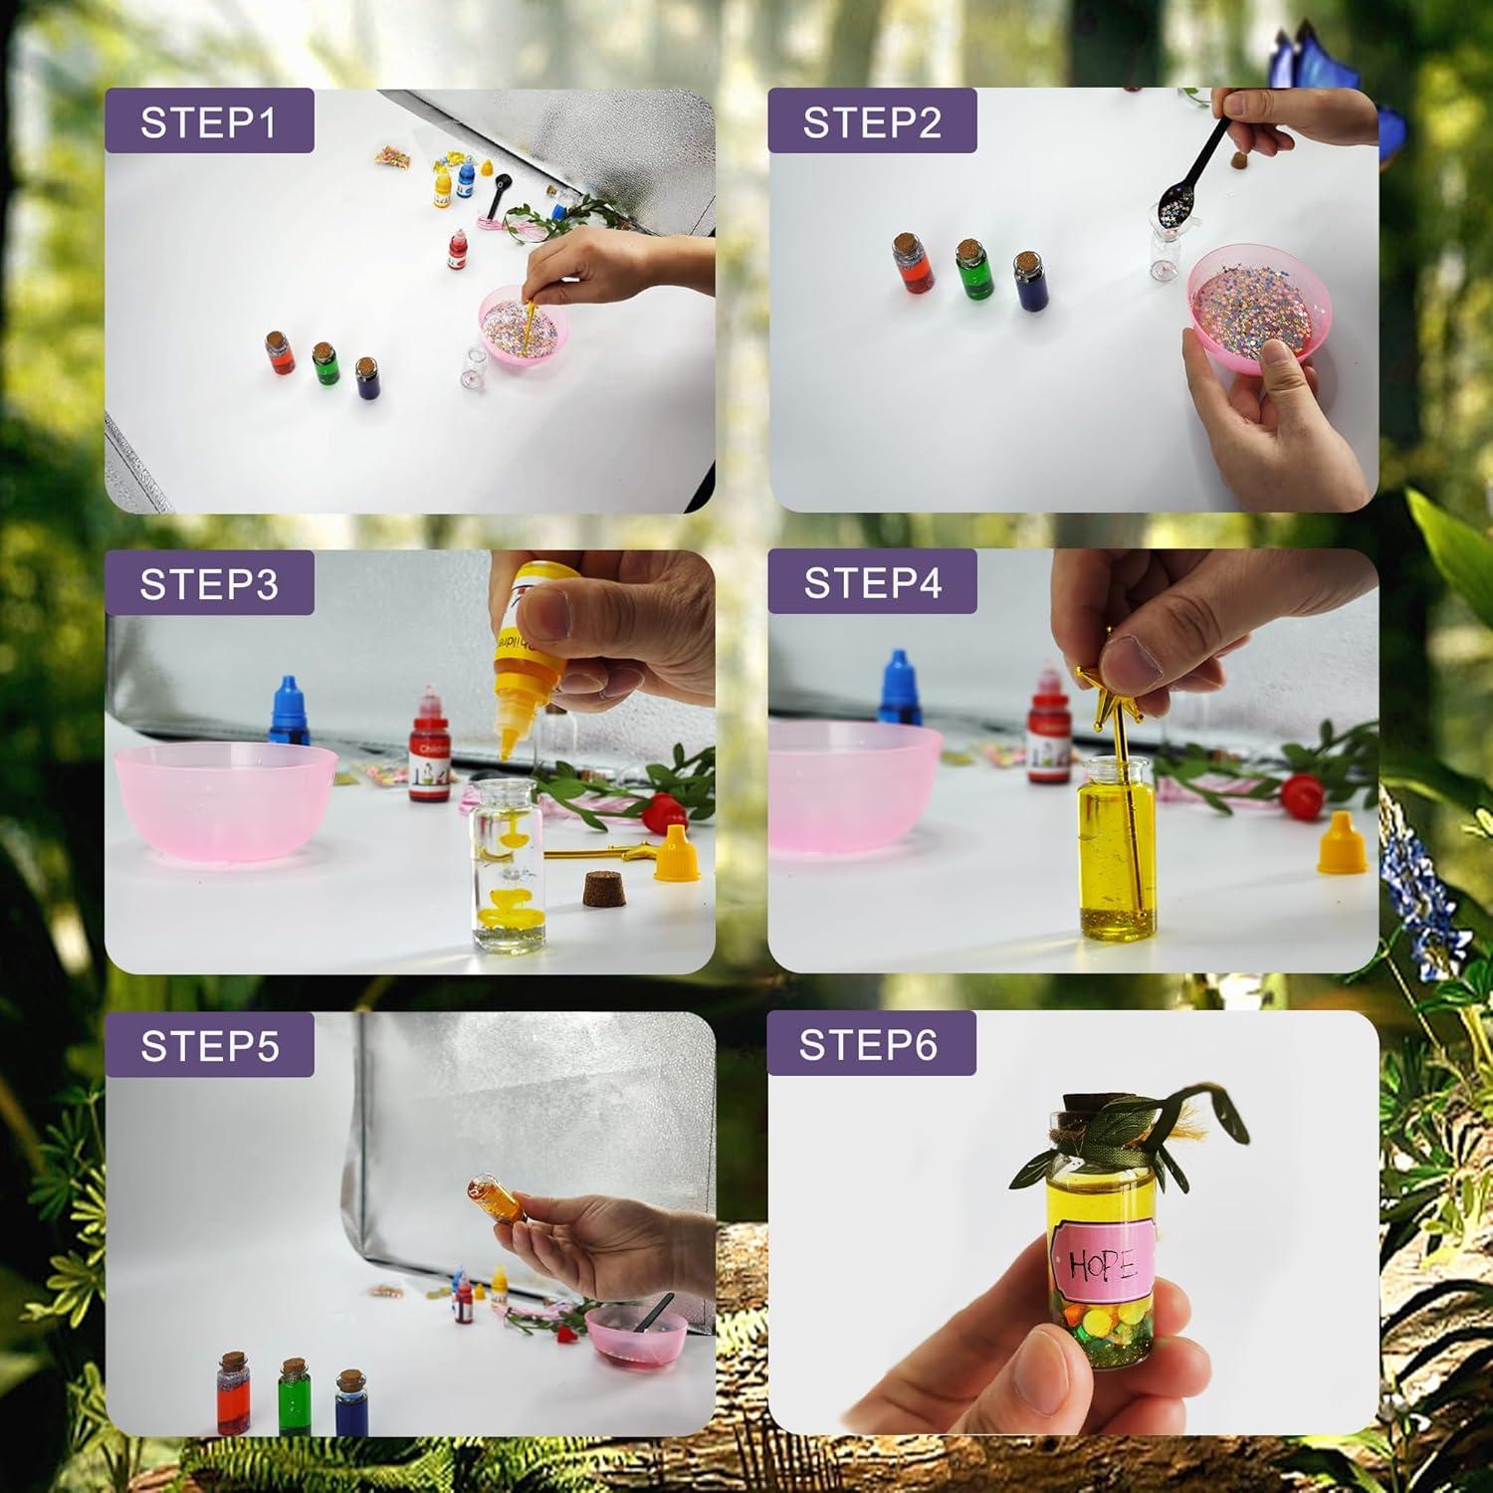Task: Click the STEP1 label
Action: click(208, 121)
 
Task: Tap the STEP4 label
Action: click(872, 582)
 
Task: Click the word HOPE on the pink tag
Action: click(1101, 1264)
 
